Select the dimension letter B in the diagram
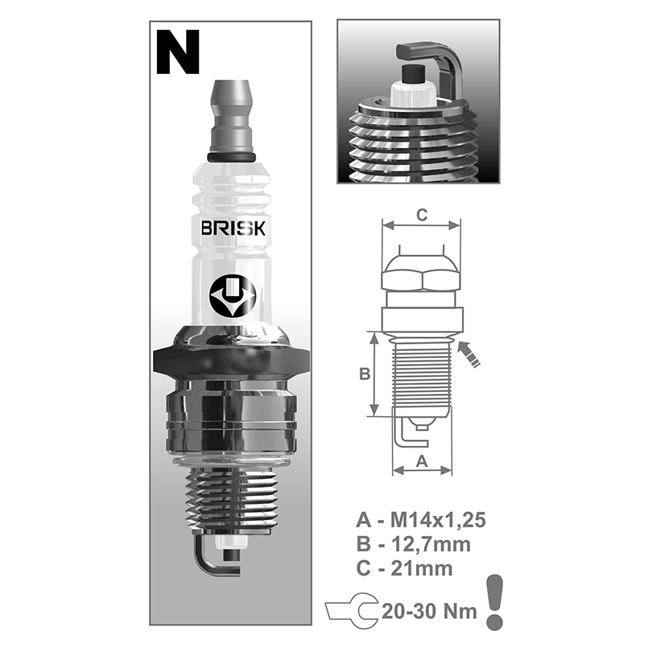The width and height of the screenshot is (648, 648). pyautogui.click(x=365, y=374)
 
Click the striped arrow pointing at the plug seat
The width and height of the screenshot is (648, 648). pyautogui.click(x=469, y=354)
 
